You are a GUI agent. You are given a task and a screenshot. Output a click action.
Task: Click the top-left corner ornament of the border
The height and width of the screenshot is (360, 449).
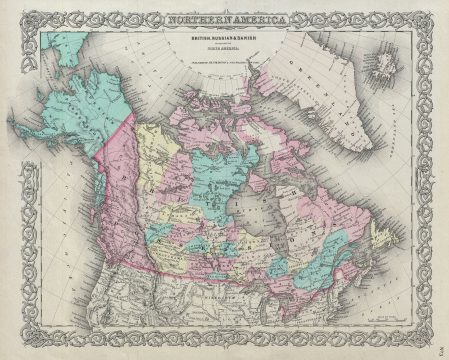[x=14, y=13]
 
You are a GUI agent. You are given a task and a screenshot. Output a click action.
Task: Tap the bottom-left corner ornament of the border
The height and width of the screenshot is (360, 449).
[x=14, y=347]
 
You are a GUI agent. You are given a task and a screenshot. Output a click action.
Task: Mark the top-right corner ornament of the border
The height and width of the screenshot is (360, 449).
[x=434, y=13]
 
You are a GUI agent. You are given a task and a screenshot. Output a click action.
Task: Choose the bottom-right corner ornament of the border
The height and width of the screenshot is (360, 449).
[x=434, y=347]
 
